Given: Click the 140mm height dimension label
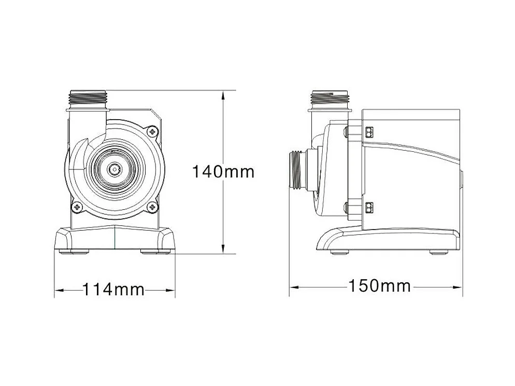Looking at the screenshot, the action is coord(223,171).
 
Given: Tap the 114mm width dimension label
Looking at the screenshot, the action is coord(113,289).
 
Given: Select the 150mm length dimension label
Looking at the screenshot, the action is coord(379,285).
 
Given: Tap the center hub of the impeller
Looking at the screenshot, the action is coord(114,169).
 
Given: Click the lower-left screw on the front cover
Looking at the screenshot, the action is coord(78,207).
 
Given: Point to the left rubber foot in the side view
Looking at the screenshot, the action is coord(340,252).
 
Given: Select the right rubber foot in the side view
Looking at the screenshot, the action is coord(438,252).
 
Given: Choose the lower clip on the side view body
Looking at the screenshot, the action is coord(369,207).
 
